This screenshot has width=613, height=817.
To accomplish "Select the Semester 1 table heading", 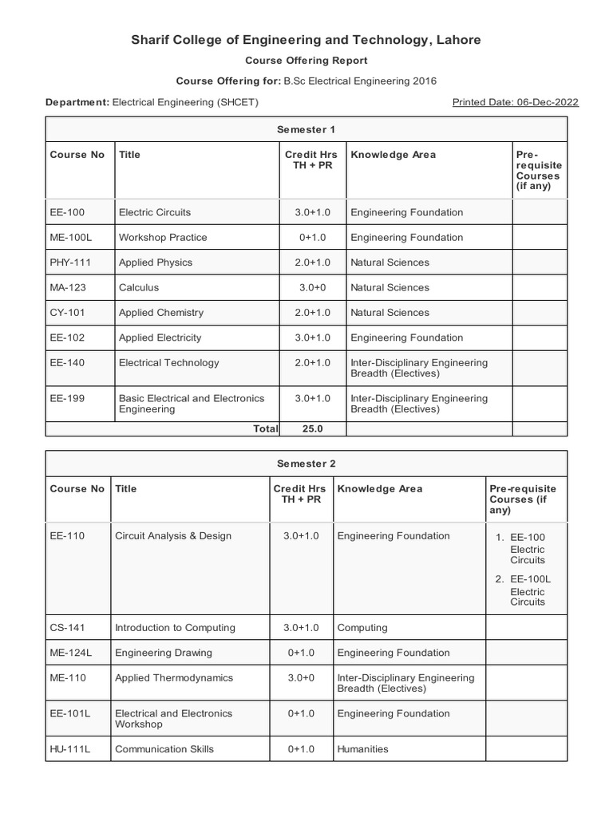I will coord(306,129).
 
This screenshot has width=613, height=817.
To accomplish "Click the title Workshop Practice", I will coord(163,237).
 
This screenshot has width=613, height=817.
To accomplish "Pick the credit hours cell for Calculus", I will coord(312,287).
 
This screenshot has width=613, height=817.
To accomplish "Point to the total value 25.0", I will coord(312,428).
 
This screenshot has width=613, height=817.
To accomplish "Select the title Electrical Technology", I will coord(168,362).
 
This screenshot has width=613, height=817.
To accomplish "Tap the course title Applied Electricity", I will coord(160,337).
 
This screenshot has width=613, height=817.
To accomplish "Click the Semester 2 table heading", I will coord(306,464).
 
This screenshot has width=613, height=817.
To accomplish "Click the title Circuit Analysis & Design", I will coord(173,536).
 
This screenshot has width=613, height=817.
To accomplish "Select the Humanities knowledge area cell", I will coord(362,749).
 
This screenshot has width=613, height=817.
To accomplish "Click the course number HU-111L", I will coord(70,749).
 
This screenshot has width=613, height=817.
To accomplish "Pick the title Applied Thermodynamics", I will coord(174,677).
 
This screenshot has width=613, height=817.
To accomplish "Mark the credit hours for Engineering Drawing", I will coord(301,653).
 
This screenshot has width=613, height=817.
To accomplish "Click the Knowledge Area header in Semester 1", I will coord(393,155).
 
